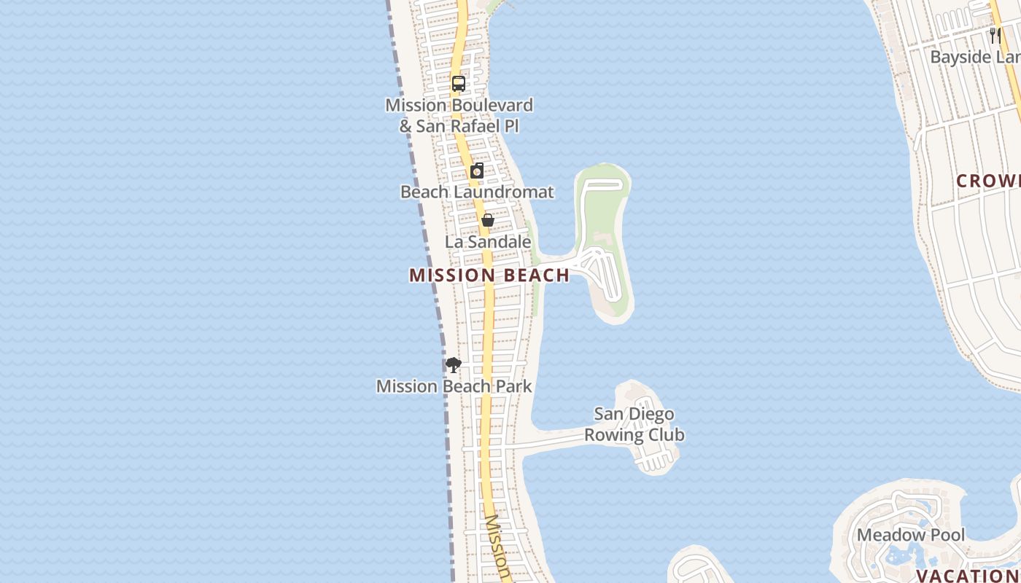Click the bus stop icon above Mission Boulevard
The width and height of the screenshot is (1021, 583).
[x=458, y=84]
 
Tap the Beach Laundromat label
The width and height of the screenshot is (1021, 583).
[x=477, y=192]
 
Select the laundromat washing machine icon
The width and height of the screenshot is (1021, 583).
[x=477, y=171]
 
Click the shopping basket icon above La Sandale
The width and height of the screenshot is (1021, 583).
[x=488, y=220]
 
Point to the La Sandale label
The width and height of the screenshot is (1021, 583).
[x=488, y=242]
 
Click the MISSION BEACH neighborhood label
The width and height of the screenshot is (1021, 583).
[x=489, y=275]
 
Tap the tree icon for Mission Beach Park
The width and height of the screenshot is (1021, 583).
[x=454, y=365]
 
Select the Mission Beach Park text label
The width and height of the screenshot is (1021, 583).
[x=454, y=386]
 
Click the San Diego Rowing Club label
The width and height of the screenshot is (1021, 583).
[x=634, y=425]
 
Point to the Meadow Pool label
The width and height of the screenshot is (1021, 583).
[x=911, y=536]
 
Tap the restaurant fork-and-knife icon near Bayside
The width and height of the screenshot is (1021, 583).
[x=995, y=35]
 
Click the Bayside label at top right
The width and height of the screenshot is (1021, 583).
[x=975, y=58]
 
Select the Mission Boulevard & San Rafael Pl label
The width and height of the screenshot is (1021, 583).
[x=459, y=115]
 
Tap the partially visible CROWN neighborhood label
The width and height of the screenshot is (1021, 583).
[x=988, y=181]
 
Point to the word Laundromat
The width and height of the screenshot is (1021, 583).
[x=504, y=192]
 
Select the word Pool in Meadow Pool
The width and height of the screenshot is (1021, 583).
[x=946, y=536]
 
